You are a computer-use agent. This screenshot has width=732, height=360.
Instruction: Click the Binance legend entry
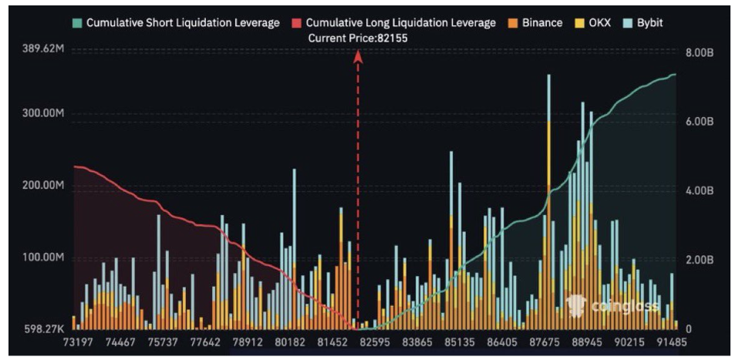[x=541, y=23]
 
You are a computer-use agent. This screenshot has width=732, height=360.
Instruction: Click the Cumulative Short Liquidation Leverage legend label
[x=182, y=23]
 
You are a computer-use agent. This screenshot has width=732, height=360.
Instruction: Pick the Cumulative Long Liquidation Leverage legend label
[x=400, y=23]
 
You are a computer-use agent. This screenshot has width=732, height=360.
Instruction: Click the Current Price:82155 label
[x=357, y=38]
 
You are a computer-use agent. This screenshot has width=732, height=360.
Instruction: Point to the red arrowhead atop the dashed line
[x=358, y=56]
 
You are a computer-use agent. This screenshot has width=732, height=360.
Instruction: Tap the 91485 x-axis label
[x=671, y=342]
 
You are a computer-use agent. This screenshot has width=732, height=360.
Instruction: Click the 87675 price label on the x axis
[x=545, y=342]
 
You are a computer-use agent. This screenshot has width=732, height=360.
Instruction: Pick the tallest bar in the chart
[x=548, y=200]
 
